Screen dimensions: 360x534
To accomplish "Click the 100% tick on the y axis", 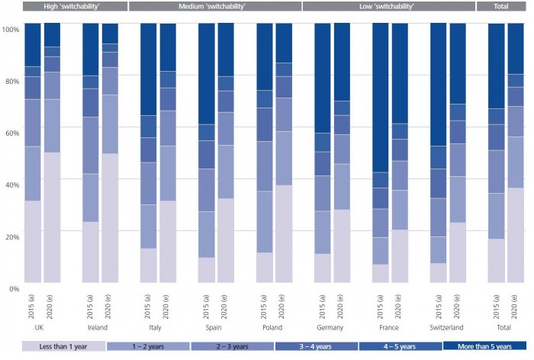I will [x=11, y=29].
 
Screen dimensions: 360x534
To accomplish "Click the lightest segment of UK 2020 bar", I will [x=52, y=217].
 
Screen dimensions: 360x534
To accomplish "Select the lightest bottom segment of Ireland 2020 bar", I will [x=110, y=218].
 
